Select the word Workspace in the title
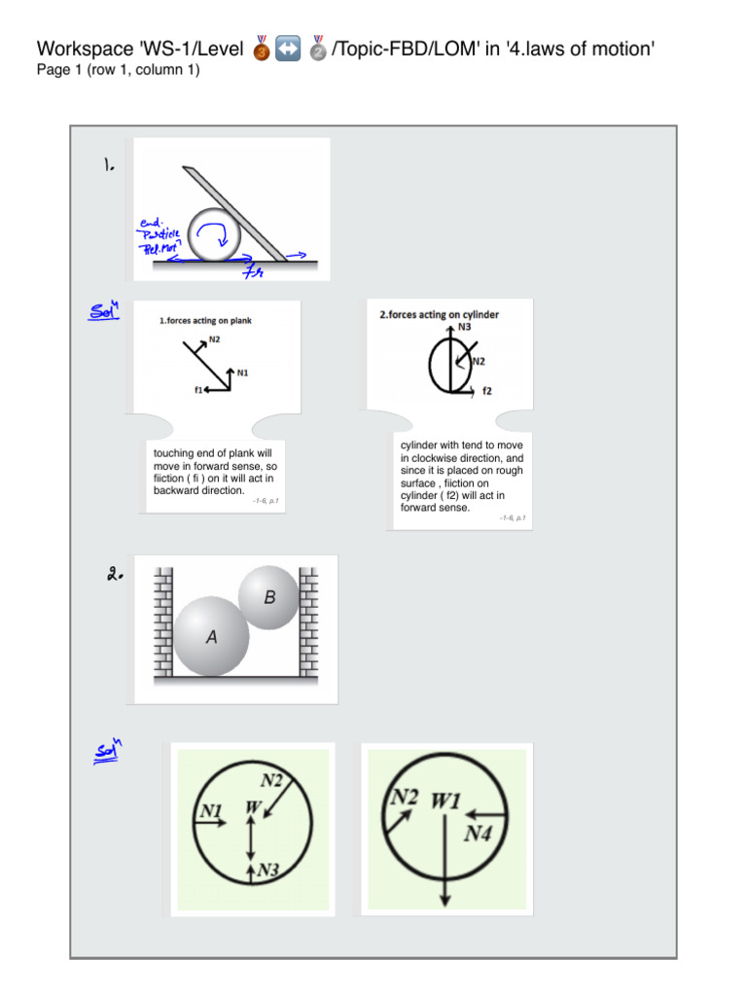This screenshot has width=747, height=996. pos(82,49)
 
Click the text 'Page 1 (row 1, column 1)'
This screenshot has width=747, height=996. pos(118,70)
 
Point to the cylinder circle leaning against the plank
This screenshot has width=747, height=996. pos(215,234)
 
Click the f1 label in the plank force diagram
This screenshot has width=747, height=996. pos(197,389)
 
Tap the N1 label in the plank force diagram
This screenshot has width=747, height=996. pos(244,370)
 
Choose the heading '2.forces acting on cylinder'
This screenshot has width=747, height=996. pos(439,314)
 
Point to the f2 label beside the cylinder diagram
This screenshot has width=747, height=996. pos(487,391)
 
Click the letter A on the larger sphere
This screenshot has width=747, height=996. pos(211,638)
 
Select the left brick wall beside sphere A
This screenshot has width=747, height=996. pos(162,622)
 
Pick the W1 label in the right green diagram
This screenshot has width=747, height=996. pos(445,800)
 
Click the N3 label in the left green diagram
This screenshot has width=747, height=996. pos(268,871)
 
